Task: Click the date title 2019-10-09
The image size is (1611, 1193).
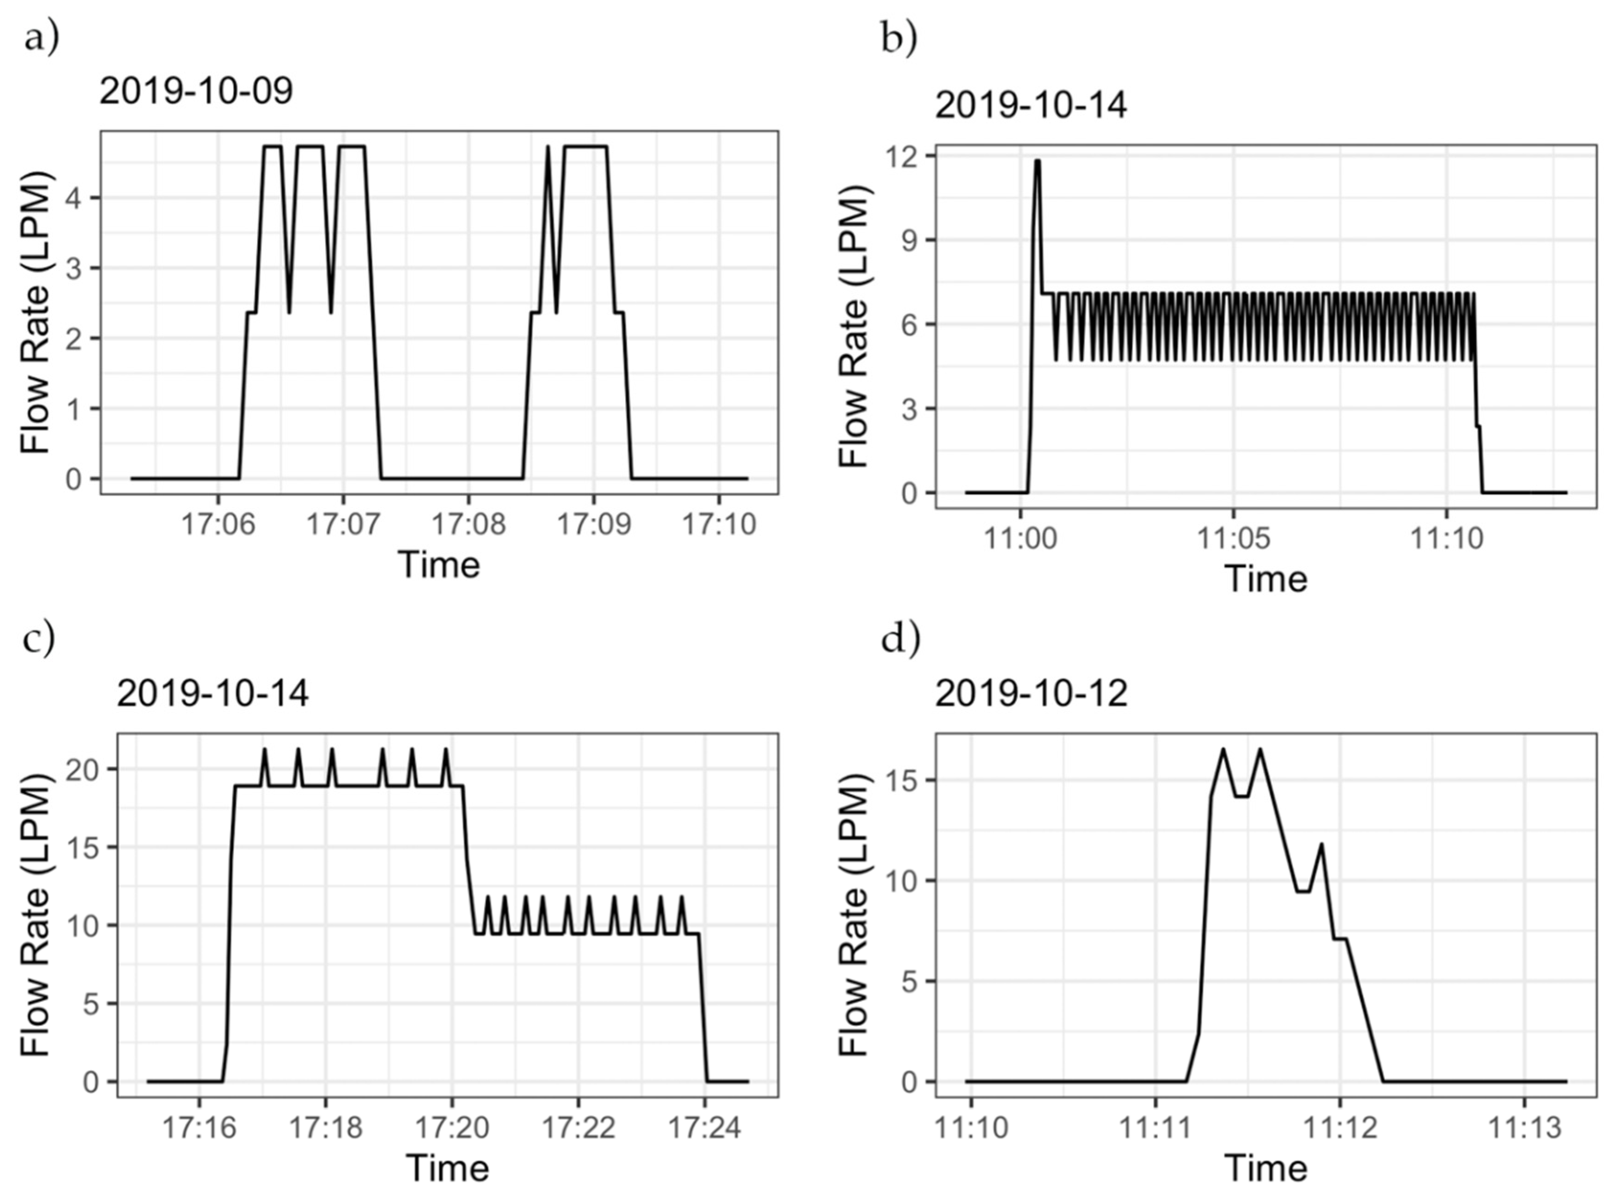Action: click(196, 92)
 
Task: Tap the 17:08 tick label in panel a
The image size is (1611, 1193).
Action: click(468, 524)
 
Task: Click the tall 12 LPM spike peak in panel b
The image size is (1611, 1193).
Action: click(1038, 161)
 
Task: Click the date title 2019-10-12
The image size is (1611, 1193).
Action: click(1031, 694)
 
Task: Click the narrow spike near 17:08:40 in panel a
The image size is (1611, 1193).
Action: click(548, 148)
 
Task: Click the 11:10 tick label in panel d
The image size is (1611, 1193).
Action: click(971, 1127)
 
